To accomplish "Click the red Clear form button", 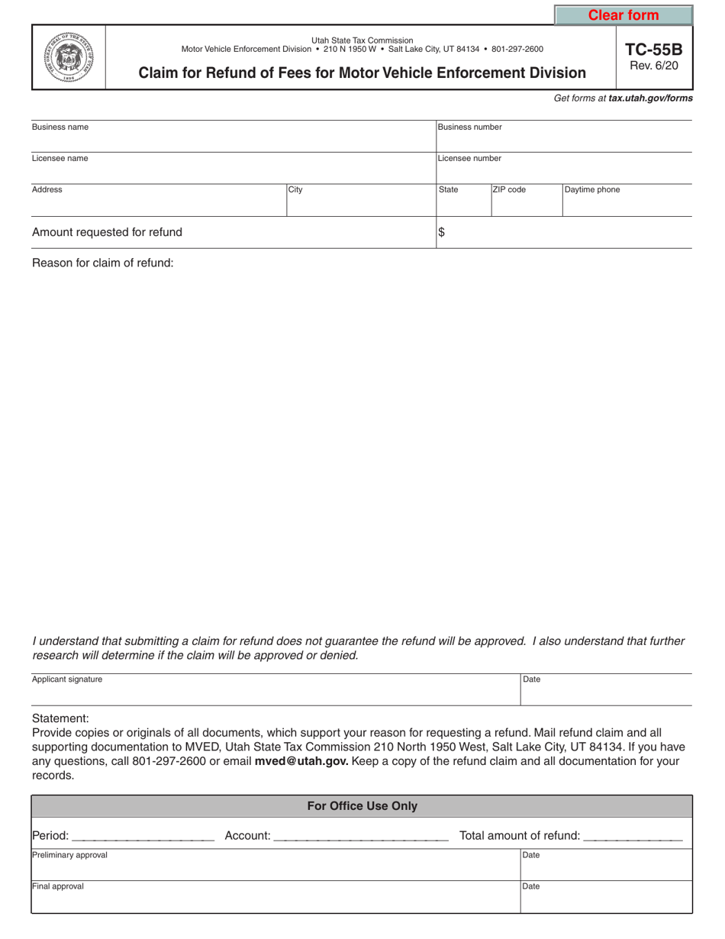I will [623, 15].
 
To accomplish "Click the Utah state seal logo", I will [69, 57].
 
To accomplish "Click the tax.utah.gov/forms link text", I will [650, 98].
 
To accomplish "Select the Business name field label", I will [60, 127].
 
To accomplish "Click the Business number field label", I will [470, 127].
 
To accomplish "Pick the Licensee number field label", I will [470, 159].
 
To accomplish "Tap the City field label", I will [295, 190].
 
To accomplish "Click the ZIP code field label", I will [509, 190].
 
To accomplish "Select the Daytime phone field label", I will [592, 190].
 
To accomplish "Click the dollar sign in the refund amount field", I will [441, 234].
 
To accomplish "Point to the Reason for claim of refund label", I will [103, 263].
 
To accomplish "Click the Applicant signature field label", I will [67, 679].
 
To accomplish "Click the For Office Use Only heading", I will [362, 806].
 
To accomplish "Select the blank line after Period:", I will [143, 837].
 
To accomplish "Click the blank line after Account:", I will [360, 837].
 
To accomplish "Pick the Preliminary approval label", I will [69, 855].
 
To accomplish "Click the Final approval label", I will [58, 886].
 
